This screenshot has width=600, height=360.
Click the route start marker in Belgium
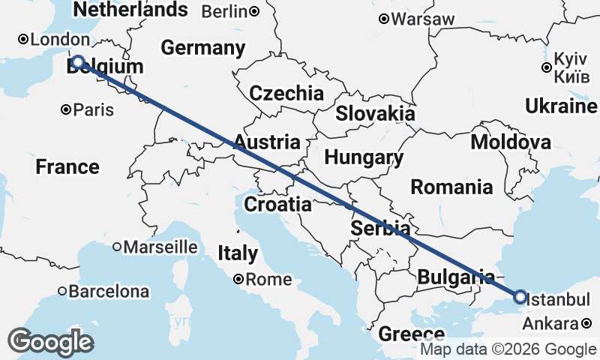(77, 62)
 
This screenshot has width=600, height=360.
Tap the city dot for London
(23, 39)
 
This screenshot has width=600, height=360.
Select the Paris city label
(94, 110)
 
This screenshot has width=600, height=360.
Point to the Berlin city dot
(255, 11)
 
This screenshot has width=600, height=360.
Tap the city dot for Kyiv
(547, 67)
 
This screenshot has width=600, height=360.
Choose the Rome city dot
(238, 279)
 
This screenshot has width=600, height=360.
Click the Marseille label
(160, 247)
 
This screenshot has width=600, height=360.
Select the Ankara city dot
(586, 324)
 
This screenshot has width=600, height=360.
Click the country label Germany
(203, 48)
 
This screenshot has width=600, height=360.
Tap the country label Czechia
(286, 93)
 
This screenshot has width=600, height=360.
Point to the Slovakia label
(375, 114)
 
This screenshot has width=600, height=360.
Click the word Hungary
(364, 158)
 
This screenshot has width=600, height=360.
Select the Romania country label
(451, 187)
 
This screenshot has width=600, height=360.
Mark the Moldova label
(511, 142)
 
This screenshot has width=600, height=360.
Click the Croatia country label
(277, 204)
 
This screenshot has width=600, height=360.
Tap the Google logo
(50, 342)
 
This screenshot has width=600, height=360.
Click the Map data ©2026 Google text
(508, 349)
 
